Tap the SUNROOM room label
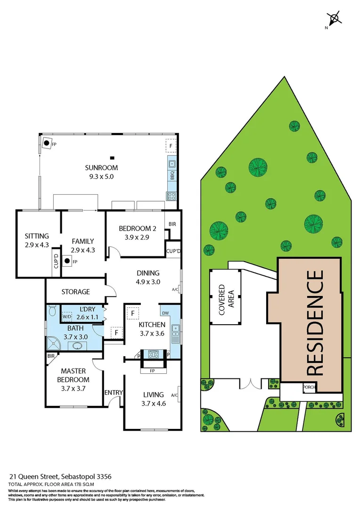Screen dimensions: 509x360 coord(101,168)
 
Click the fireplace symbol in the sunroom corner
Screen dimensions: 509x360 coord(47,144)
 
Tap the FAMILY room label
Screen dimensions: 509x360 coord(82,241)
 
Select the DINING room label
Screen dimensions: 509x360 coord(148,273)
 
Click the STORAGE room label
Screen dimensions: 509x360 coord(75,292)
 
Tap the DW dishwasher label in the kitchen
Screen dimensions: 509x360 coord(165,312)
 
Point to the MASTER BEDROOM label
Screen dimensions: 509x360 coord(74,375)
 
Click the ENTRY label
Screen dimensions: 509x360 coord(113,393)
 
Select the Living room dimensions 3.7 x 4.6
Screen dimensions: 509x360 coord(153,403)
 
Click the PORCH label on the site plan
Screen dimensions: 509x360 coord(309,388)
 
